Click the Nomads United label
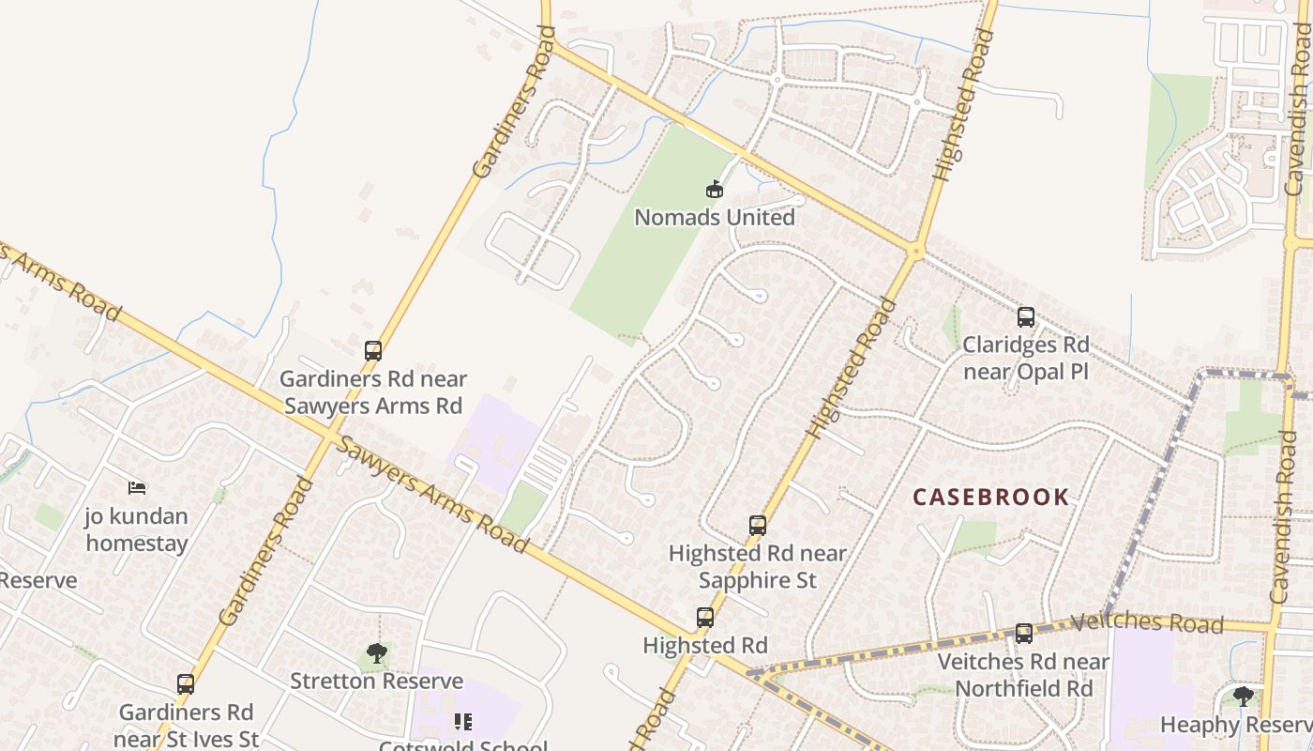coord(715,218)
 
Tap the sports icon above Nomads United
coord(715,190)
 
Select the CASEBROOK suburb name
coord(991,498)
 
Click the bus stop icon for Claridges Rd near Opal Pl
coord(1026,317)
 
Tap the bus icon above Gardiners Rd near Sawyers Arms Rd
coord(373,351)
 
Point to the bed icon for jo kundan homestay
coord(137,488)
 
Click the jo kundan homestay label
coord(137,529)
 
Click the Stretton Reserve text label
coord(377,682)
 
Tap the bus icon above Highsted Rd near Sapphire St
coord(758,526)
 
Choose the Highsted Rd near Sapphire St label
coord(758,567)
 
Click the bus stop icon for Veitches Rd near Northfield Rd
coord(1024,634)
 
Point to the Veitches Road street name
coord(1146,622)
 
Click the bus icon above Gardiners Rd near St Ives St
coord(186,684)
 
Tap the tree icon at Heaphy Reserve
coord(1244,697)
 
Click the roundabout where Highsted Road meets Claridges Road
coord(916,251)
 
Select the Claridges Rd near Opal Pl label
coord(1026,358)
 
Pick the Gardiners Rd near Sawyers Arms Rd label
coord(373,392)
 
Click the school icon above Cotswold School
coord(463,721)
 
